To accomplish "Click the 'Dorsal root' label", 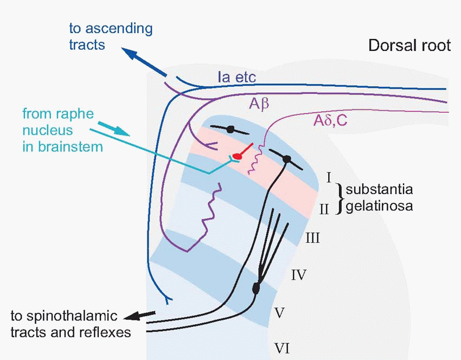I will click(x=409, y=45).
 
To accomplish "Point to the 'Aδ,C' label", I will click(x=330, y=121).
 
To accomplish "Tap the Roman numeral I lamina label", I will click(x=329, y=177).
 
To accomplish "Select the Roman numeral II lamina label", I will click(x=324, y=208).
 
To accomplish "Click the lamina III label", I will click(x=312, y=237).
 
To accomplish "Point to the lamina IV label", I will click(x=299, y=275).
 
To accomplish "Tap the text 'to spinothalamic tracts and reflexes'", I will click(x=71, y=323).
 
